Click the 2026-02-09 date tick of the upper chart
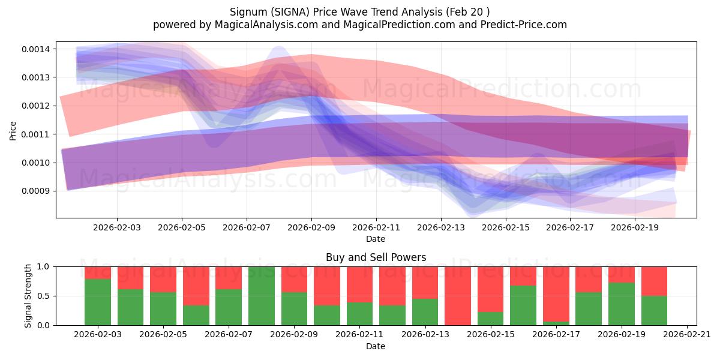point(311,228)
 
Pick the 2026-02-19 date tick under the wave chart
point(635,228)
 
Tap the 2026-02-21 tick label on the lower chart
point(686,335)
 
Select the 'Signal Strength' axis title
point(28,296)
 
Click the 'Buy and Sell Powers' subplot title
point(376,257)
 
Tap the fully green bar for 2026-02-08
point(262,296)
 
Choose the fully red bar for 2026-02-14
point(458,296)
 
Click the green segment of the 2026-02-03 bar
point(98,302)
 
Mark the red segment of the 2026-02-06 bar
point(196,286)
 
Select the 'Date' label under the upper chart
point(376,239)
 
